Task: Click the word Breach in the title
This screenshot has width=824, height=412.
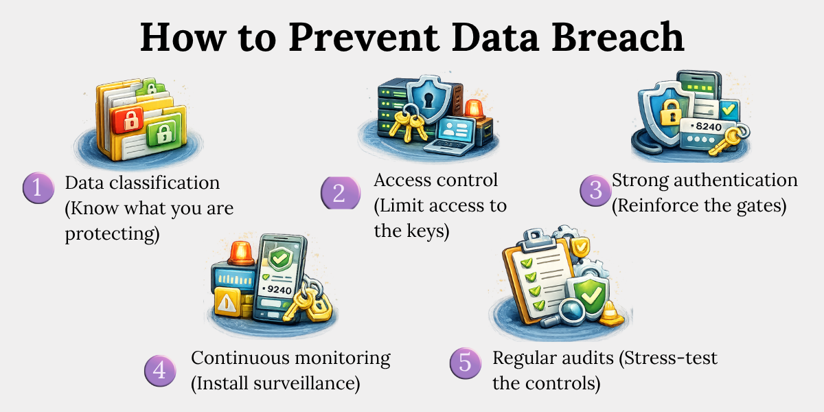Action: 617,37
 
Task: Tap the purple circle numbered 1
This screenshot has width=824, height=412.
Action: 38,187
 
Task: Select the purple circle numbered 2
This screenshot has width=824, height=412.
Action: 341,193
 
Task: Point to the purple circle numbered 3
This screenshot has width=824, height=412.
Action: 595,190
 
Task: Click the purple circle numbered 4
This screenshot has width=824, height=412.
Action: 160,370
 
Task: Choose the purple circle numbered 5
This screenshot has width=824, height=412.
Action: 466,363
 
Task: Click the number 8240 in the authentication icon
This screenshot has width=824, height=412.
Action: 709,126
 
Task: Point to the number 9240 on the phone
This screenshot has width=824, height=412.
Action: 279,290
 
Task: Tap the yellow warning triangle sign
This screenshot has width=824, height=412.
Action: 227,302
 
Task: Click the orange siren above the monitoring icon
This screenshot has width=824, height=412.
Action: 241,253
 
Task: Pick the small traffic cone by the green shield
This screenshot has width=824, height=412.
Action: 611,314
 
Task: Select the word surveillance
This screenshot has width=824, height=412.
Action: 306,383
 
